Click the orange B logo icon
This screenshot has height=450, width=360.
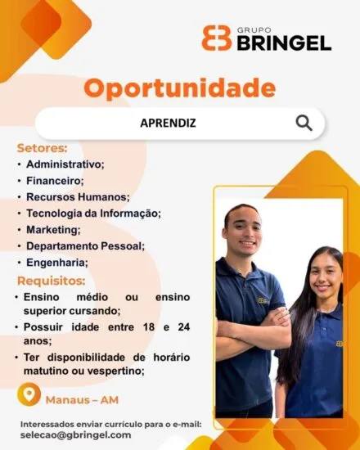pyautogui.click(x=217, y=38)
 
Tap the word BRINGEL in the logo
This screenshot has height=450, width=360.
pyautogui.click(x=284, y=43)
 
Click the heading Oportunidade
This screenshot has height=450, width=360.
pyautogui.click(x=180, y=88)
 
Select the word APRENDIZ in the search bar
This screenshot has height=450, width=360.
pyautogui.click(x=168, y=123)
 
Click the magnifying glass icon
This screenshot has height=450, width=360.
pyautogui.click(x=304, y=123)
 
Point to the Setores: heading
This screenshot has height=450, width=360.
pyautogui.click(x=43, y=148)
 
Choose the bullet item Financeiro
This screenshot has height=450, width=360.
pyautogui.click(x=55, y=181)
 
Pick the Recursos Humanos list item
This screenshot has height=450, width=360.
pyautogui.click(x=78, y=197)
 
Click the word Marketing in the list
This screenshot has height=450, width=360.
pyautogui.click(x=53, y=230)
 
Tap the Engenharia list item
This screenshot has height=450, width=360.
pyautogui.click(x=57, y=263)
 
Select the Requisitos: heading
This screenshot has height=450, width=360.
pyautogui.click(x=52, y=281)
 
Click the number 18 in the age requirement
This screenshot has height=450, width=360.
pyautogui.click(x=149, y=327)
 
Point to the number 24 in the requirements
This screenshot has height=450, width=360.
pyautogui.click(x=184, y=327)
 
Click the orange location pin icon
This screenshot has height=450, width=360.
pyautogui.click(x=29, y=394)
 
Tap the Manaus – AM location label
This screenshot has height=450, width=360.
pyautogui.click(x=82, y=400)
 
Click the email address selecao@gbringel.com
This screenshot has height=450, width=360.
pyautogui.click(x=76, y=435)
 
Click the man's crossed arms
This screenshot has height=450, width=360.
pyautogui.click(x=253, y=329)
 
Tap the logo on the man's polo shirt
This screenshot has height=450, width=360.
pyautogui.click(x=263, y=300)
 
